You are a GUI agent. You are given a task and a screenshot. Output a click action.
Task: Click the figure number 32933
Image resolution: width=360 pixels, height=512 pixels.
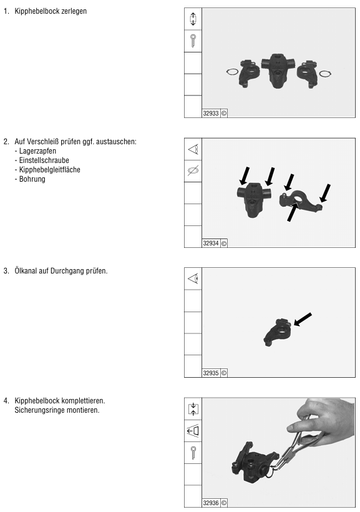211,113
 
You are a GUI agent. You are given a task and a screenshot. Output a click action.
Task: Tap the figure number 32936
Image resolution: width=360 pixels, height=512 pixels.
211,503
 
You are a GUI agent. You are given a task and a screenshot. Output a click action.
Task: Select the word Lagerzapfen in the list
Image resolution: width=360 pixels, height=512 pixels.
37,151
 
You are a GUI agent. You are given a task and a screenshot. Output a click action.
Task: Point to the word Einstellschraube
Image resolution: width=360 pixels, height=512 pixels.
44,160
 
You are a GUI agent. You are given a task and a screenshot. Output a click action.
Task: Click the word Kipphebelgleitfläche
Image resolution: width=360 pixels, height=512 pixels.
50,170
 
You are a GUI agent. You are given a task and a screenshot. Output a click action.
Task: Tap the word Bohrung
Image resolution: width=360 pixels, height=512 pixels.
32,179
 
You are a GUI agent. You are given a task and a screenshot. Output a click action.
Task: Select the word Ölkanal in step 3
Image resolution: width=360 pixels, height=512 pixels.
26,271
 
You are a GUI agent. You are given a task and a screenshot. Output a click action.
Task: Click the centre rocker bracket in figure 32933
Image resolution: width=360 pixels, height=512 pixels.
278,70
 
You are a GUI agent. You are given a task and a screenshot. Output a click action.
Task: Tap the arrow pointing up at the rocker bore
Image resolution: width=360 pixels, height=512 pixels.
293,212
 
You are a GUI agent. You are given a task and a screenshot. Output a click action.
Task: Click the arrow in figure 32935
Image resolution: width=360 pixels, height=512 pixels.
303,319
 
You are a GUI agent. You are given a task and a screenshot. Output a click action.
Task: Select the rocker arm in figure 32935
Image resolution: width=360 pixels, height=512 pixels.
277,332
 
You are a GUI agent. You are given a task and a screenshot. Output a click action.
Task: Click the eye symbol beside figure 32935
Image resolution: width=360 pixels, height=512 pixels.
193,278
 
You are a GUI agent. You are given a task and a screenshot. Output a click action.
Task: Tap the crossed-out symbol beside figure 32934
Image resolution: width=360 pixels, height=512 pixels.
193,170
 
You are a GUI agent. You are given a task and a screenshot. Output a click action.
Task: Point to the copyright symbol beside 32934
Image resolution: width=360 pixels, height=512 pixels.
224,244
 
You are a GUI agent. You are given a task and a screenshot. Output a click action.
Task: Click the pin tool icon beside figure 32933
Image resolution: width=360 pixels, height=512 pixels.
193,41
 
